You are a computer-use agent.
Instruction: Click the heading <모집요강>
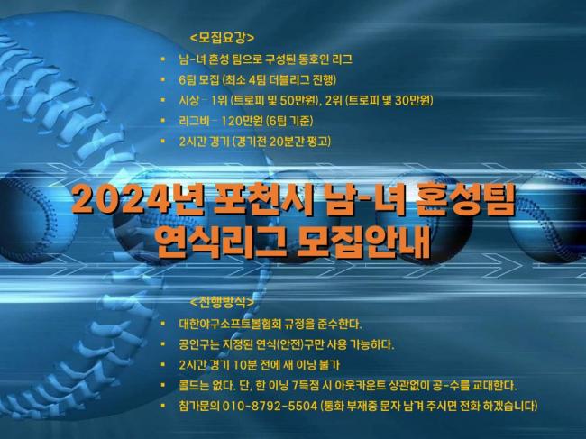point(222,38)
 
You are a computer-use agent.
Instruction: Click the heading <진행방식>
point(222,301)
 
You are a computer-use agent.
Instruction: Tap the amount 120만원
point(243,121)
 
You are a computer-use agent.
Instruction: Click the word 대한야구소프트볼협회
point(230,324)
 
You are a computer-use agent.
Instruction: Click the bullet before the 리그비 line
point(162,121)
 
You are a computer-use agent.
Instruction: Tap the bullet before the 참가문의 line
point(162,406)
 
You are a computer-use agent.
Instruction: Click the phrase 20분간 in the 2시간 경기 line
point(287,142)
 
